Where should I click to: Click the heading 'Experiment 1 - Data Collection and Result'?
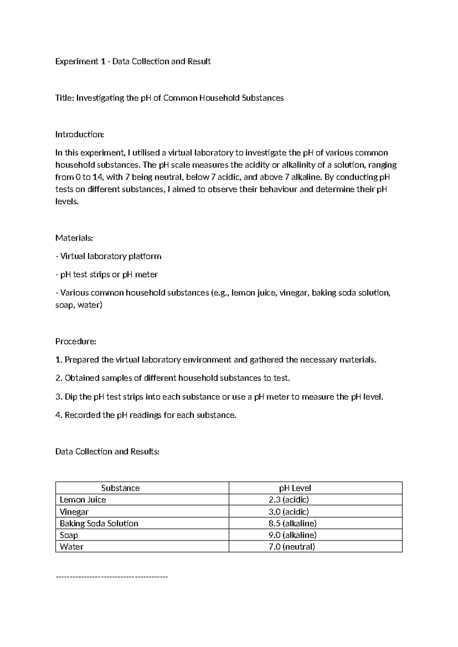133,61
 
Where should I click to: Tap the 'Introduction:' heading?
79,134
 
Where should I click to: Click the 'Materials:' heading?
74,238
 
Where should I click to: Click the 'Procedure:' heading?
76,341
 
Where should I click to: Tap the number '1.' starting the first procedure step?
58,360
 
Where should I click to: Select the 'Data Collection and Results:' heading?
107,452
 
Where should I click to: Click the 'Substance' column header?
120,488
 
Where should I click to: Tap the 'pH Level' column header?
295,488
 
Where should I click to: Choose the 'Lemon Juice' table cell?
83,500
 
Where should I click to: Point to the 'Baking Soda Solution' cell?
99,523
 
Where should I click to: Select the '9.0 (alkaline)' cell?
292,535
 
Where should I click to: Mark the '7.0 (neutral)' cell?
292,547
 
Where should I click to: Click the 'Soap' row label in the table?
69,535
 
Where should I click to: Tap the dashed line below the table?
111,577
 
